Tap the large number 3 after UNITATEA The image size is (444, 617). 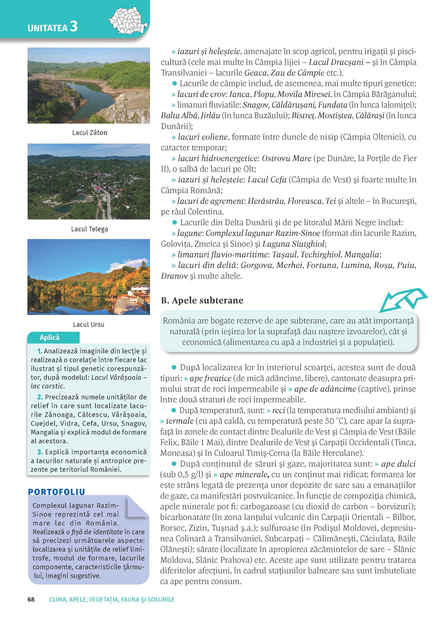point(73,27)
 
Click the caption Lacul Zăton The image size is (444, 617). point(90,133)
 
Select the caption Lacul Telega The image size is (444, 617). point(90,229)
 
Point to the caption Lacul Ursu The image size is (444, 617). point(89,324)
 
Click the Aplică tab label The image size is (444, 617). point(50,337)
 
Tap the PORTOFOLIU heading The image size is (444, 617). point(56,492)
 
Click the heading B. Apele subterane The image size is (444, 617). point(202,301)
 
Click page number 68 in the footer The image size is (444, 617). point(31,599)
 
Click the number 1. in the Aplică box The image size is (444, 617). point(40,351)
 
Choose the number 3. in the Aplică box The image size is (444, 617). point(40,452)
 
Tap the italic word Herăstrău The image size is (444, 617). point(266,201)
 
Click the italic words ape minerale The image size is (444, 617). point(244,475)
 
